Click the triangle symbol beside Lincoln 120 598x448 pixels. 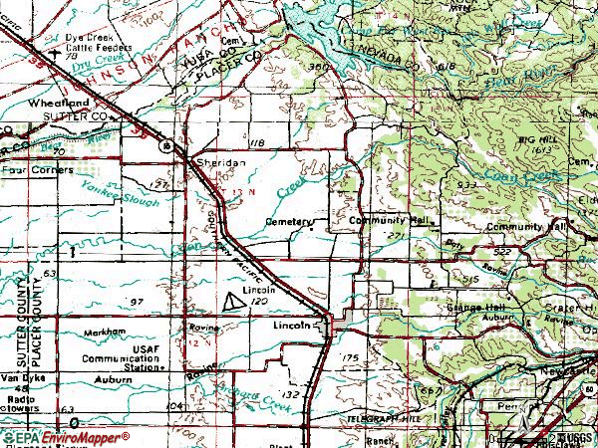[232, 300]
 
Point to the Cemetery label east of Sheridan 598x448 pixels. [289, 222]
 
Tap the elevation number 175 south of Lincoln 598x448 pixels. [349, 356]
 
